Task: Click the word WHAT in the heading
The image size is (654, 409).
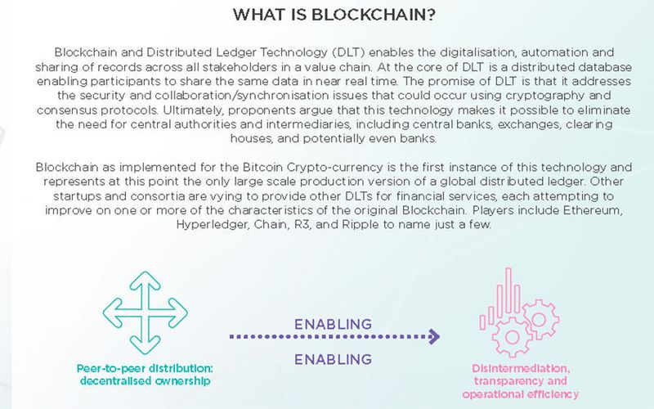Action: click(x=257, y=15)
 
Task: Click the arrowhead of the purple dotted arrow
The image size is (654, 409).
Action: click(x=434, y=336)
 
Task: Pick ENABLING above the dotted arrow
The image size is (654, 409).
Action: click(x=332, y=323)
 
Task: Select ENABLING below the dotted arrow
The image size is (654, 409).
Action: click(x=332, y=358)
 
